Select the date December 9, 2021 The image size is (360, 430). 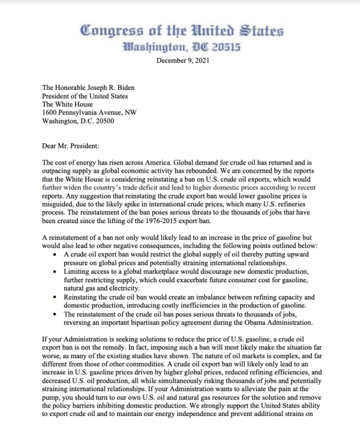tap(183, 61)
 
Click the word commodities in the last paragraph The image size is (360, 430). tap(157, 365)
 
